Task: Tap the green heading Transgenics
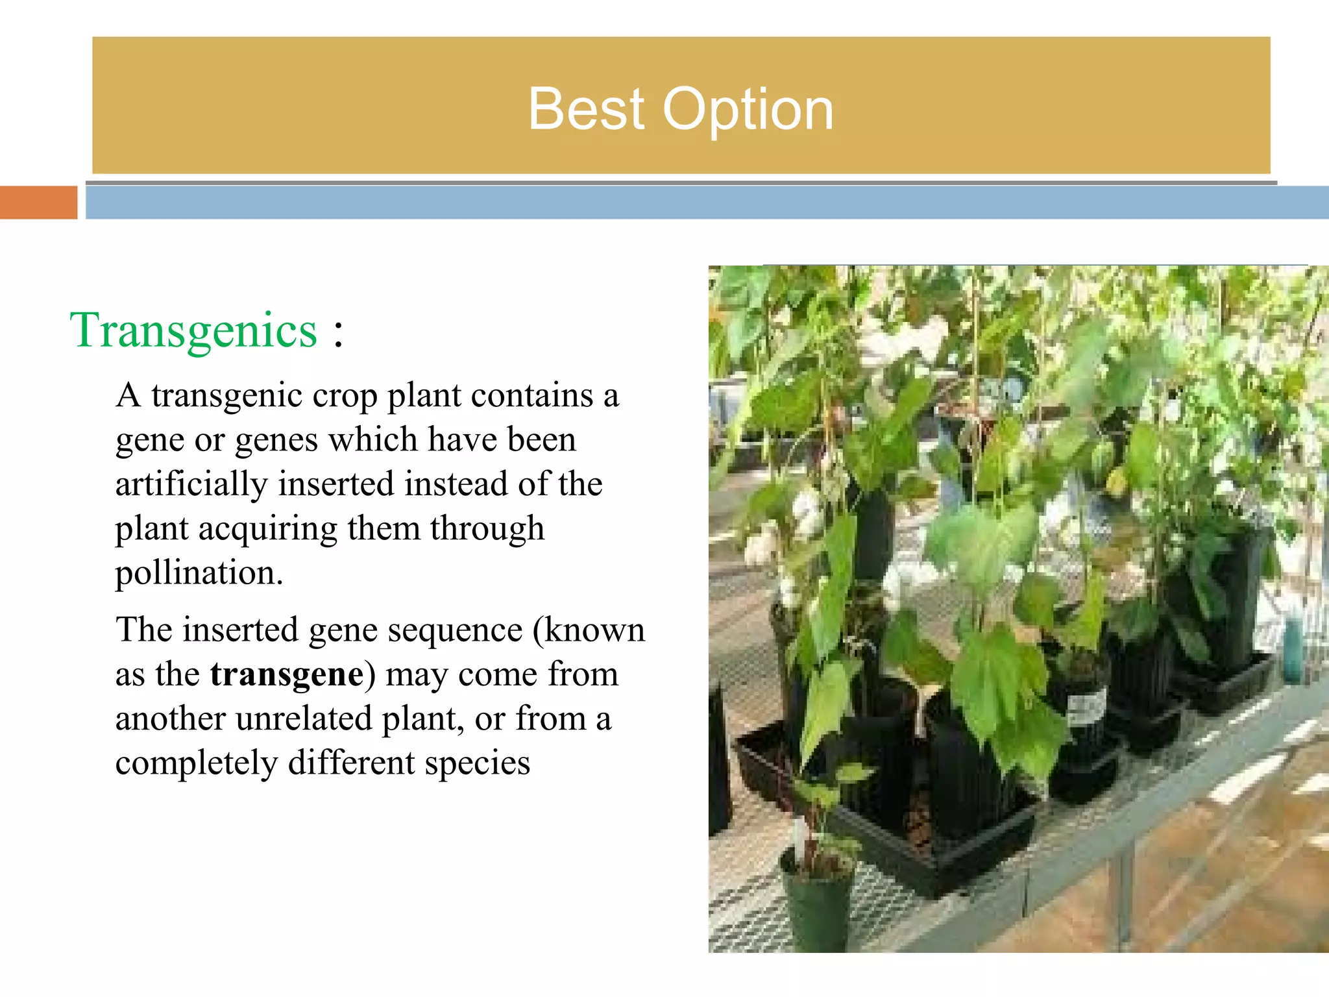(x=193, y=330)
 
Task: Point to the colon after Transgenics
(x=338, y=333)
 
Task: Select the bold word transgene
(x=286, y=674)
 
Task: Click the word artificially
(x=191, y=484)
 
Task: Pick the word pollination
(x=199, y=572)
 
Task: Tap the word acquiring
(x=267, y=528)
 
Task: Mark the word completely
(x=196, y=763)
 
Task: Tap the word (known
(x=589, y=630)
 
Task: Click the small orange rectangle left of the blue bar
(x=38, y=203)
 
